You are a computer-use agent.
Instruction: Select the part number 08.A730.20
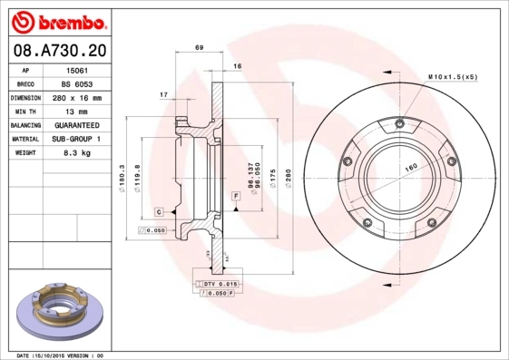click(57, 51)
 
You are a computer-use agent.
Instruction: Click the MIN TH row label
click(25, 111)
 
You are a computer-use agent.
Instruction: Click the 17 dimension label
click(163, 94)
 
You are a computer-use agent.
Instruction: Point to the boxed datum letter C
click(159, 211)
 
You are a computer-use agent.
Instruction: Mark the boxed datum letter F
click(235, 196)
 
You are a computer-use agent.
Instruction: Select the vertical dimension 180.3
click(122, 177)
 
